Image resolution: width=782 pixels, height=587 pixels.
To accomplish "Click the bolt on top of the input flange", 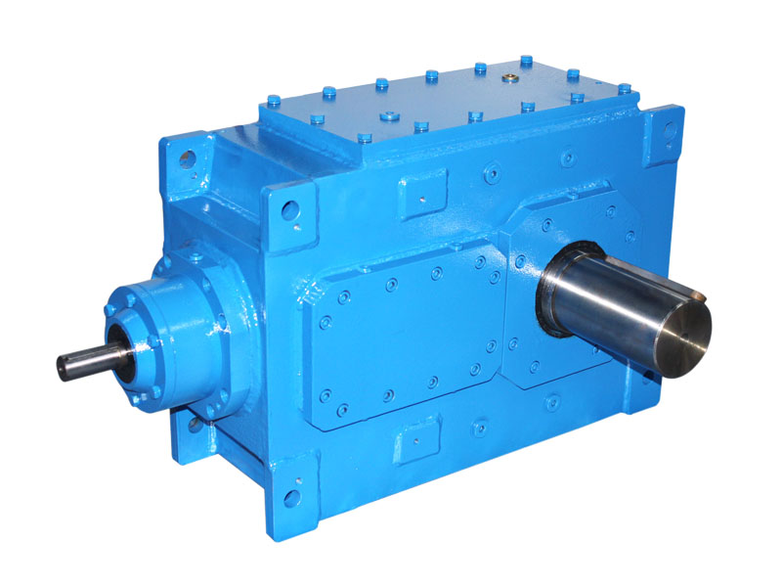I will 195,257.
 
